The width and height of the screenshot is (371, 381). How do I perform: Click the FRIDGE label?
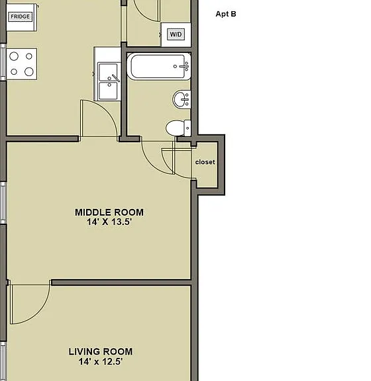(20, 17)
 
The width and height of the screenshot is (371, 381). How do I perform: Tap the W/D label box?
(176, 34)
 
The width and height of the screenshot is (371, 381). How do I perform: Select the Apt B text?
(226, 14)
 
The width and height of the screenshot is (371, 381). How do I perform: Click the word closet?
(205, 162)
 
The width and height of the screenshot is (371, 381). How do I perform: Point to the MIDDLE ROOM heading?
(109, 212)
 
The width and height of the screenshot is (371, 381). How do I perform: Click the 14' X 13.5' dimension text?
(109, 222)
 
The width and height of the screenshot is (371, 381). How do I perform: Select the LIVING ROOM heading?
(101, 352)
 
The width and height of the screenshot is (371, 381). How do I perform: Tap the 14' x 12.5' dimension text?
(101, 362)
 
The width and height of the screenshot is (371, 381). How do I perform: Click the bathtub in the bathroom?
(159, 66)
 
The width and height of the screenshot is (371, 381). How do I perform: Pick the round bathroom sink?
(182, 99)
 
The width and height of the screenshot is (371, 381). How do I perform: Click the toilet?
(178, 128)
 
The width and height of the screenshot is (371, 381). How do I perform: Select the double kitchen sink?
(107, 81)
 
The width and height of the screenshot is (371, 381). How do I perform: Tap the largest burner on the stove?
(29, 71)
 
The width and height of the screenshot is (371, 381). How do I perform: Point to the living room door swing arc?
(41, 312)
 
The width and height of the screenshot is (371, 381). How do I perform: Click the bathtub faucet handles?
(185, 66)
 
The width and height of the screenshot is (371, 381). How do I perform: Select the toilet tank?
(187, 128)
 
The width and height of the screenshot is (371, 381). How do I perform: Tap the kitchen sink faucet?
(114, 78)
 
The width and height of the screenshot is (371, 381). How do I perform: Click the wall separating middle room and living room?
(121, 282)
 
